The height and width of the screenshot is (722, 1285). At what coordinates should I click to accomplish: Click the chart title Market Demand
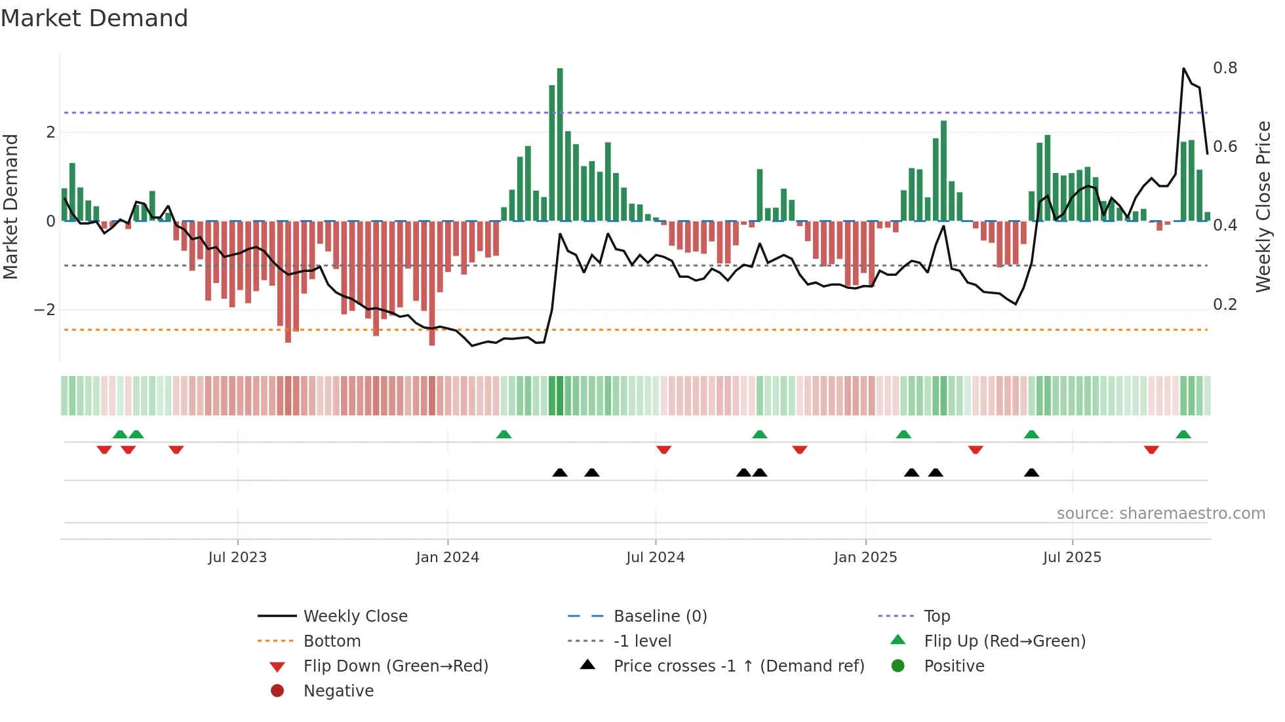point(94,18)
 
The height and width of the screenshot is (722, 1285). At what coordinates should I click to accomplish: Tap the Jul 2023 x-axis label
point(237,558)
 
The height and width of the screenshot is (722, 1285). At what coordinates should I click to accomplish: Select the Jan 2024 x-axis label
point(448,558)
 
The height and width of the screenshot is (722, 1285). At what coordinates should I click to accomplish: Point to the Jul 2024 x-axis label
point(655,558)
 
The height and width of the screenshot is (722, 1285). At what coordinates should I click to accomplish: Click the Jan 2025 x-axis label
point(865,558)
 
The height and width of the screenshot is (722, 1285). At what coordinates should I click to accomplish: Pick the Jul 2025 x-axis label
point(1072,558)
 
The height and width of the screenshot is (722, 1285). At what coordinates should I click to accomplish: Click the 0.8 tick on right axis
point(1225,68)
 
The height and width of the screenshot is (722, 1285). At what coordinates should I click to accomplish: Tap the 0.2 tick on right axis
point(1225,305)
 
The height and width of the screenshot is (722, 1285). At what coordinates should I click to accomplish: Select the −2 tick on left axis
point(45,310)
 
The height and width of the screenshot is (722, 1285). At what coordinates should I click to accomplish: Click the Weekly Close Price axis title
point(1263,206)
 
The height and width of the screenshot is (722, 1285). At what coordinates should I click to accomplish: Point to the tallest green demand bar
point(560,144)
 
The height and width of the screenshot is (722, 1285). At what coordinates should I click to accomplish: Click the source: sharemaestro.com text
point(1160,514)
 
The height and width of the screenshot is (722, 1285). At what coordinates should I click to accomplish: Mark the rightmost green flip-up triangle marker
point(1183,434)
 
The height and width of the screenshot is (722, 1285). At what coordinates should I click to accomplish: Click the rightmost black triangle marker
point(1031,473)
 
